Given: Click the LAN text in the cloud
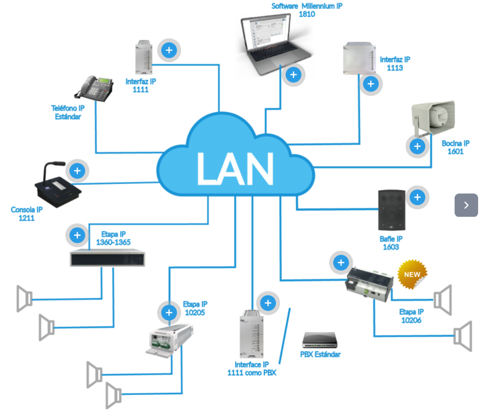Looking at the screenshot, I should point(235,167).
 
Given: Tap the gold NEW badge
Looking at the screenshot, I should point(412,274).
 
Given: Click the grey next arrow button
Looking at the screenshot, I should point(466,205).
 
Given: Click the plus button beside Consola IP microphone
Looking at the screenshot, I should point(78,171).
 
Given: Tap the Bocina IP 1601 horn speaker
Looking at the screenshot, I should point(433,116).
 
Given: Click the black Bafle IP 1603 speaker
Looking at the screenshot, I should point(392,209).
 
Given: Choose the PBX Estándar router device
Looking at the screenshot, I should point(319,340).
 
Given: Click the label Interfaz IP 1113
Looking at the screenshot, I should point(395,64).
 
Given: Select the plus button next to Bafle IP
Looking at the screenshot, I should point(417,198).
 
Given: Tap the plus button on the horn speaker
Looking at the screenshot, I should point(417,147).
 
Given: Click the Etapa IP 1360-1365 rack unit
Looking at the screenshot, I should point(107,258).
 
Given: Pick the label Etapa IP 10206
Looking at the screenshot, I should point(411,316).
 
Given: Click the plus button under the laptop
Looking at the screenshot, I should point(293,75).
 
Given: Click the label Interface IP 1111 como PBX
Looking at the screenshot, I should point(252,368).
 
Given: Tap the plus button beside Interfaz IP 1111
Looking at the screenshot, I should point(169,49).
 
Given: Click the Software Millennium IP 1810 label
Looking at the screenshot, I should point(307,10).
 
